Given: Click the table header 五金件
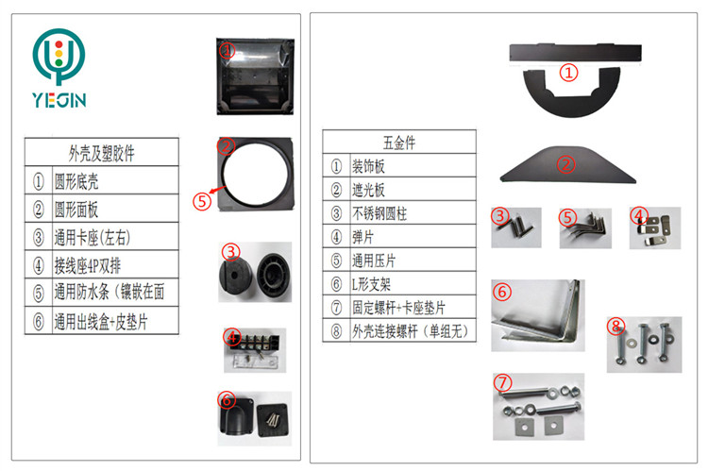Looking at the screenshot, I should click(398, 143).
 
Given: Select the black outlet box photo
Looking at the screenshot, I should click(254, 417).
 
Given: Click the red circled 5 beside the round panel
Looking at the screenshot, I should click(201, 200).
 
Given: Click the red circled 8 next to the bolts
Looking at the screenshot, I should click(616, 327).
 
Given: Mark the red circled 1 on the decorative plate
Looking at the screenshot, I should click(567, 72).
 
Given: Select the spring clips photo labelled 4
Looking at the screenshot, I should click(653, 227).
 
